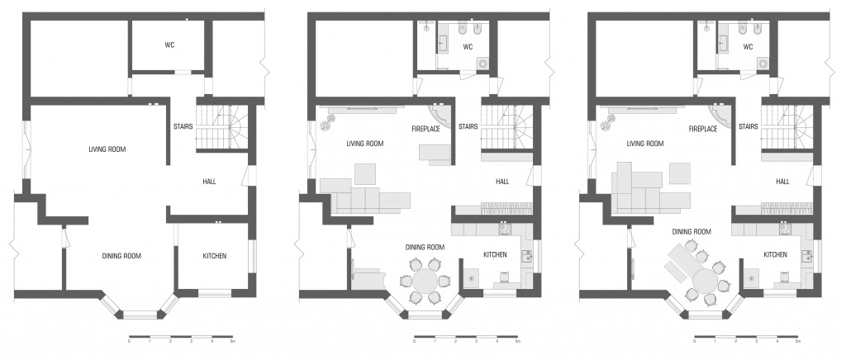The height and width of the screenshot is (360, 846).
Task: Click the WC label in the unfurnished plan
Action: coord(169,45)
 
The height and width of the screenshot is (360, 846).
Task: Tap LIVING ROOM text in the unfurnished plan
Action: coord(107,149)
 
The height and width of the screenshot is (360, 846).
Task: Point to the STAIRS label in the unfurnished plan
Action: coord(183,127)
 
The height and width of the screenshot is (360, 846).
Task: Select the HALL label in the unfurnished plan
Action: coord(209,182)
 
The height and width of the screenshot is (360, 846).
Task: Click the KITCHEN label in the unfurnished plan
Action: coord(214,256)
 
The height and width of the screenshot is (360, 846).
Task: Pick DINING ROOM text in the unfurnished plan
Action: coord(121,256)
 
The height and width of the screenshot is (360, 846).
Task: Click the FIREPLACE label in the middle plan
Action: coord(426,130)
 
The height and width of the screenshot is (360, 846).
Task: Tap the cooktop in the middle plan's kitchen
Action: coord(505,229)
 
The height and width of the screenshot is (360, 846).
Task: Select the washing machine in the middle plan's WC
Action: coord(482,64)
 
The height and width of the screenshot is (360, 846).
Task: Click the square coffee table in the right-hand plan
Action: coord(681,173)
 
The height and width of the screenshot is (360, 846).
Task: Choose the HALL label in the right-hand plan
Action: coord(782,182)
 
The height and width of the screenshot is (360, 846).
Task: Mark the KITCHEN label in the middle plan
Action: coord(495,254)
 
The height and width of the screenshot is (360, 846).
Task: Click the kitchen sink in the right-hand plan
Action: coord(806,255)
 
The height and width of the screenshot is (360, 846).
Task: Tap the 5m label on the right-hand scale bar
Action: coord(797,342)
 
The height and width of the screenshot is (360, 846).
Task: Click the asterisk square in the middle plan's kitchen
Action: coord(472,278)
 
